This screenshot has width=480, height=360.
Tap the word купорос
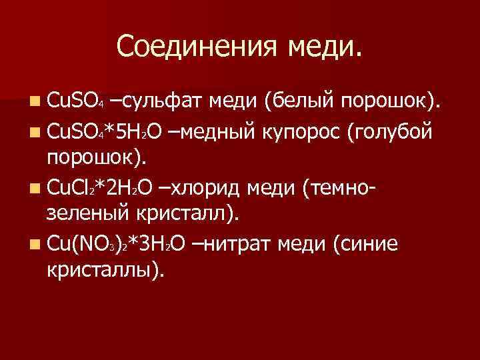pyautogui.click(x=307, y=132)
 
